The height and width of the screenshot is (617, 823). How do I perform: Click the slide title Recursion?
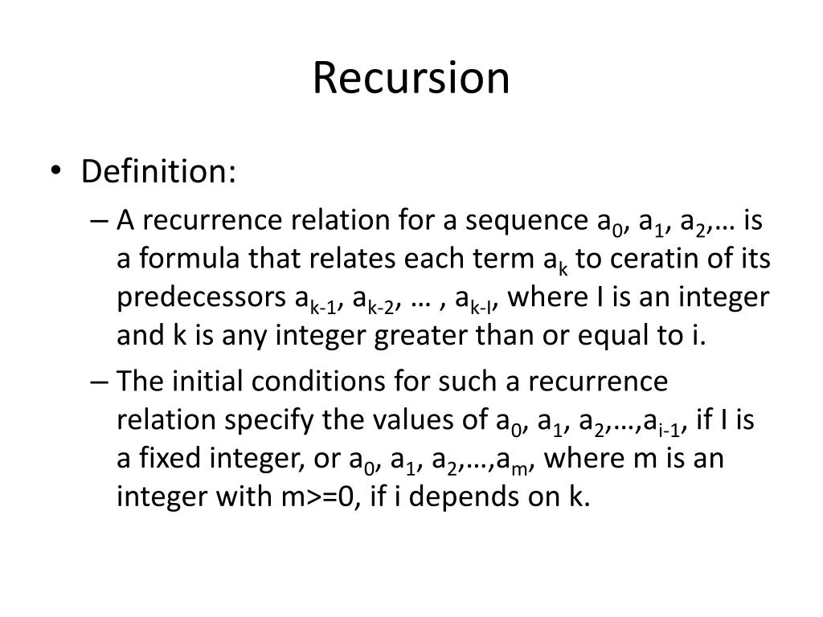click(x=411, y=79)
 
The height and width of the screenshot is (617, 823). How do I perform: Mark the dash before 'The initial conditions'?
click(x=100, y=380)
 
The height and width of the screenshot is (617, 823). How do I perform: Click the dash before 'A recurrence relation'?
click(x=100, y=219)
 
